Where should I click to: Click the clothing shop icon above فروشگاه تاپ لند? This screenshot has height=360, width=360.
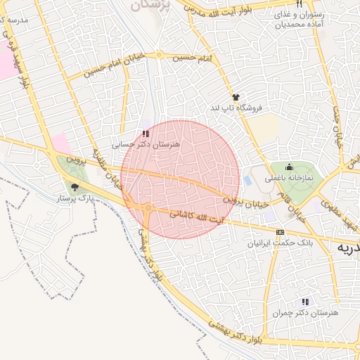coord(235,97)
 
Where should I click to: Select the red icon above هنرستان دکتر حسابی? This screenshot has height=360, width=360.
coord(145,133)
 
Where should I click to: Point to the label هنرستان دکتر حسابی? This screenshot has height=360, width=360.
coord(146,143)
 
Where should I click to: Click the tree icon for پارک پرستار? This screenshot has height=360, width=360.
coord(75,187)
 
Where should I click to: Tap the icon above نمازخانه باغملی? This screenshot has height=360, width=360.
coord(289,167)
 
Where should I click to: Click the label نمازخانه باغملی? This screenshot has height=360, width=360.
coord(289,179)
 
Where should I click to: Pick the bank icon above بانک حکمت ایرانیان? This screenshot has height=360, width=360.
coord(281,232)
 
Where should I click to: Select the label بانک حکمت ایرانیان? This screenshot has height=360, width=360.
coord(281,243)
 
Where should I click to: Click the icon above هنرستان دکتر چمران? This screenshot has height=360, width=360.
coord(305,301)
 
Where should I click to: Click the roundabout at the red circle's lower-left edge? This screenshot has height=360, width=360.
coord(148,208)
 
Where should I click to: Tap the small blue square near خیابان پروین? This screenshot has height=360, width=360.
coord(247,181)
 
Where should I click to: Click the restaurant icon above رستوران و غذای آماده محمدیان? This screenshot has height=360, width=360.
coord(299,4)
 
